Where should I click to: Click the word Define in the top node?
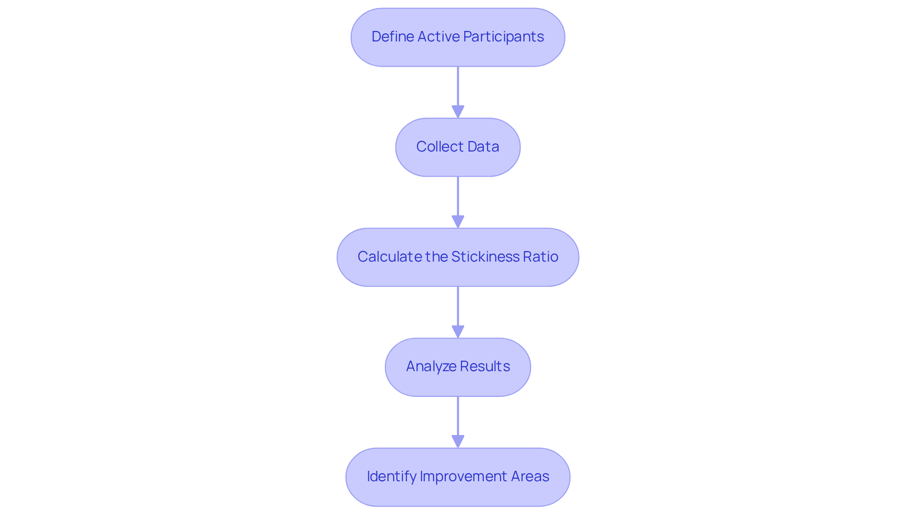[392, 37]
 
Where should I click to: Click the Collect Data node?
[458, 147]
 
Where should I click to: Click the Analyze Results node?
[458, 367]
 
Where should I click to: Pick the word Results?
[484, 366]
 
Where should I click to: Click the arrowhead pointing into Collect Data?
[458, 112]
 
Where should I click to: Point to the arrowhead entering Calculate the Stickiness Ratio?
[458, 222]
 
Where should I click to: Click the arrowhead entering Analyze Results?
[458, 332]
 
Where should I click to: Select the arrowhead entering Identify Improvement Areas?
[458, 442]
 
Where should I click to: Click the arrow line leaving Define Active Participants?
[458, 86]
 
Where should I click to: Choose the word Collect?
[434, 147]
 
